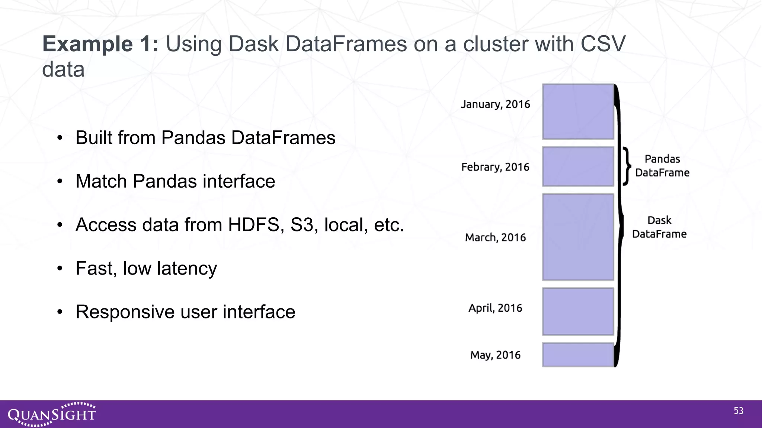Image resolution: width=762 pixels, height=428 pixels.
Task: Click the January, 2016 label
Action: (495, 104)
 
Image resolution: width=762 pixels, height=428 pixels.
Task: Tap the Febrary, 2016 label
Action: (495, 167)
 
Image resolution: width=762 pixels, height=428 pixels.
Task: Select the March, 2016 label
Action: (495, 237)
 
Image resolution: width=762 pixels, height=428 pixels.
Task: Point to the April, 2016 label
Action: (495, 308)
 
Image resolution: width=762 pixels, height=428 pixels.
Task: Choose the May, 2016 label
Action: (495, 355)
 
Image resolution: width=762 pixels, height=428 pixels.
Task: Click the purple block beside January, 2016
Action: (578, 112)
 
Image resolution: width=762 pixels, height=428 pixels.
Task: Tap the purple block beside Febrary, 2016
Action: (578, 166)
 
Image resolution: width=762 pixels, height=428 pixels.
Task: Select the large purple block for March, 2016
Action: (578, 237)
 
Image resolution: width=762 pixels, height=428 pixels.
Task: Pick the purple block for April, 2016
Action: (578, 312)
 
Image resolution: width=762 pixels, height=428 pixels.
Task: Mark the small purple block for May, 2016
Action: (578, 355)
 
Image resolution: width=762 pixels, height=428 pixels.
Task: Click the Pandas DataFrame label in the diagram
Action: (662, 166)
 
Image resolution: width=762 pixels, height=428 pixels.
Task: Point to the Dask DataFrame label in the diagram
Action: (659, 227)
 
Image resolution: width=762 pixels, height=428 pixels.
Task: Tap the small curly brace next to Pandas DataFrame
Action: (627, 166)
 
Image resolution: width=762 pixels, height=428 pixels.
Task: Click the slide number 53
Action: (739, 411)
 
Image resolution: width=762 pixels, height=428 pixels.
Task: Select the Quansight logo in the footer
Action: (52, 414)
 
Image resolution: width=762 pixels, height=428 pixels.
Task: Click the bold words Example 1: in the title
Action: (100, 44)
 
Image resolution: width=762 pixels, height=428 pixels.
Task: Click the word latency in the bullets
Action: (187, 268)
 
